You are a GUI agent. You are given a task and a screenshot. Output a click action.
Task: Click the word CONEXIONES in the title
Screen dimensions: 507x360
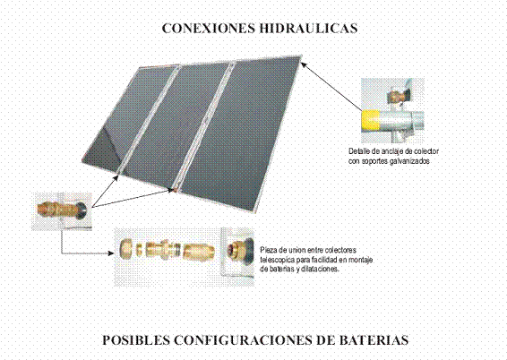pos(208,28)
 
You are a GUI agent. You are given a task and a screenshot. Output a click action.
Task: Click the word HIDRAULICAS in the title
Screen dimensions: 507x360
pos(308,28)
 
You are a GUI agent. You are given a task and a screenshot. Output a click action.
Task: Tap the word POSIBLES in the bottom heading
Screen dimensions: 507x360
pos(136,340)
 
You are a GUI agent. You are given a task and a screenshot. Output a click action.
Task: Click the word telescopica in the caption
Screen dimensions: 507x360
pos(277,260)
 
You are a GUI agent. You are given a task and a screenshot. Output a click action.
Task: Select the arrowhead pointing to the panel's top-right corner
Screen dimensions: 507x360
pos(304,64)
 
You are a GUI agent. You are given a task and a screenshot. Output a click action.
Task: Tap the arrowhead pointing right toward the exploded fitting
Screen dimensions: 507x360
pos(110,253)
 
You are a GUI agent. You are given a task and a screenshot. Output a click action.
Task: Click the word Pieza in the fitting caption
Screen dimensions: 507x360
pos(269,251)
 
